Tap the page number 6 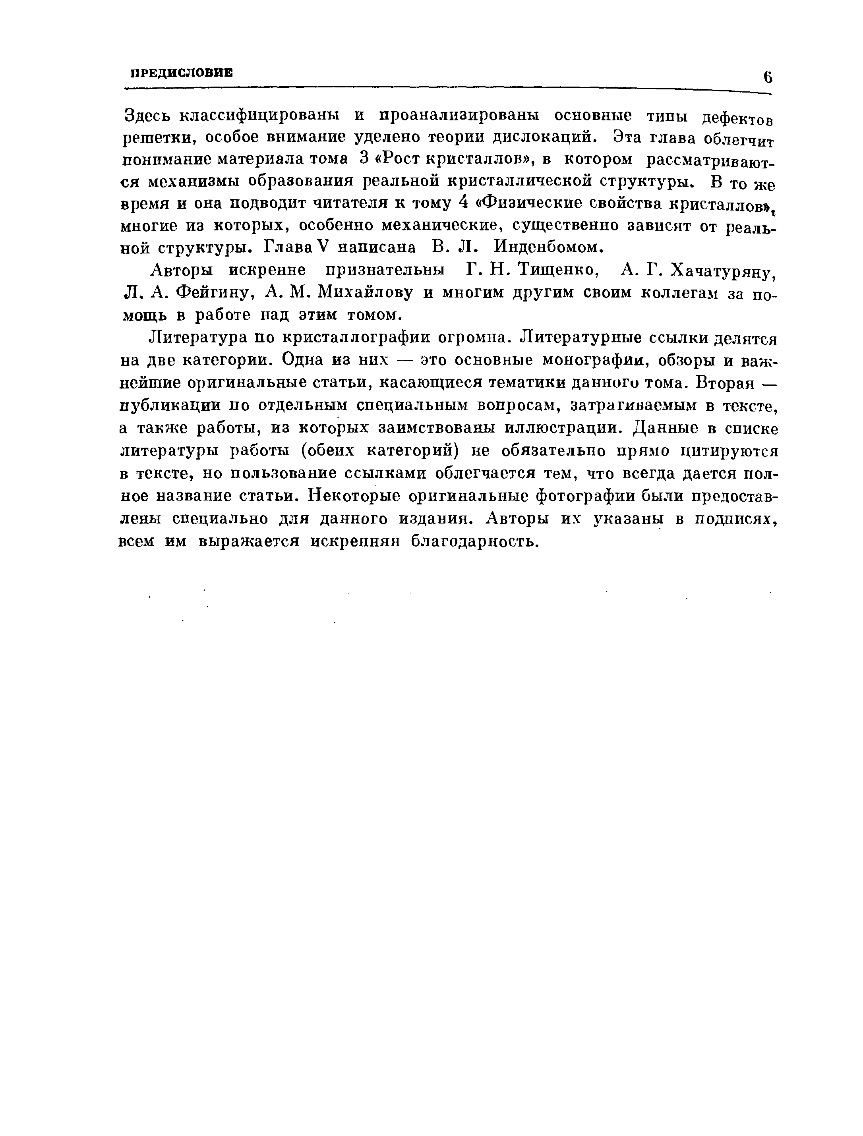pyautogui.click(x=768, y=77)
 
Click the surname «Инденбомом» pyautogui.click(x=547, y=247)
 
